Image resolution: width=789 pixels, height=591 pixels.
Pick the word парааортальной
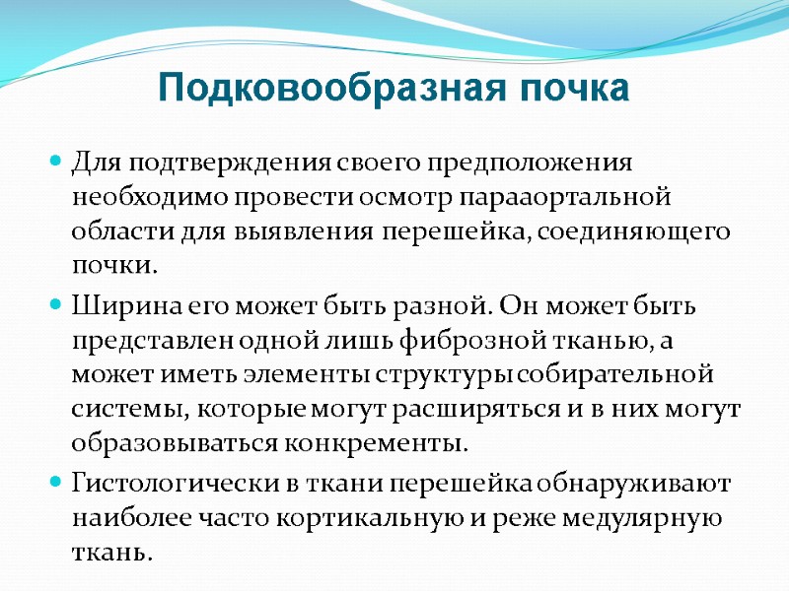pos(558,196)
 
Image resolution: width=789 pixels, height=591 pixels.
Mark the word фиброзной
pos(474,341)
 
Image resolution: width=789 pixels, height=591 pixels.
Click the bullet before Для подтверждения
pos(56,161)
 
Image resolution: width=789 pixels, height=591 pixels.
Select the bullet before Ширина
pos(56,306)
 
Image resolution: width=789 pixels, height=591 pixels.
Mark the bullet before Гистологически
pos(56,484)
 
